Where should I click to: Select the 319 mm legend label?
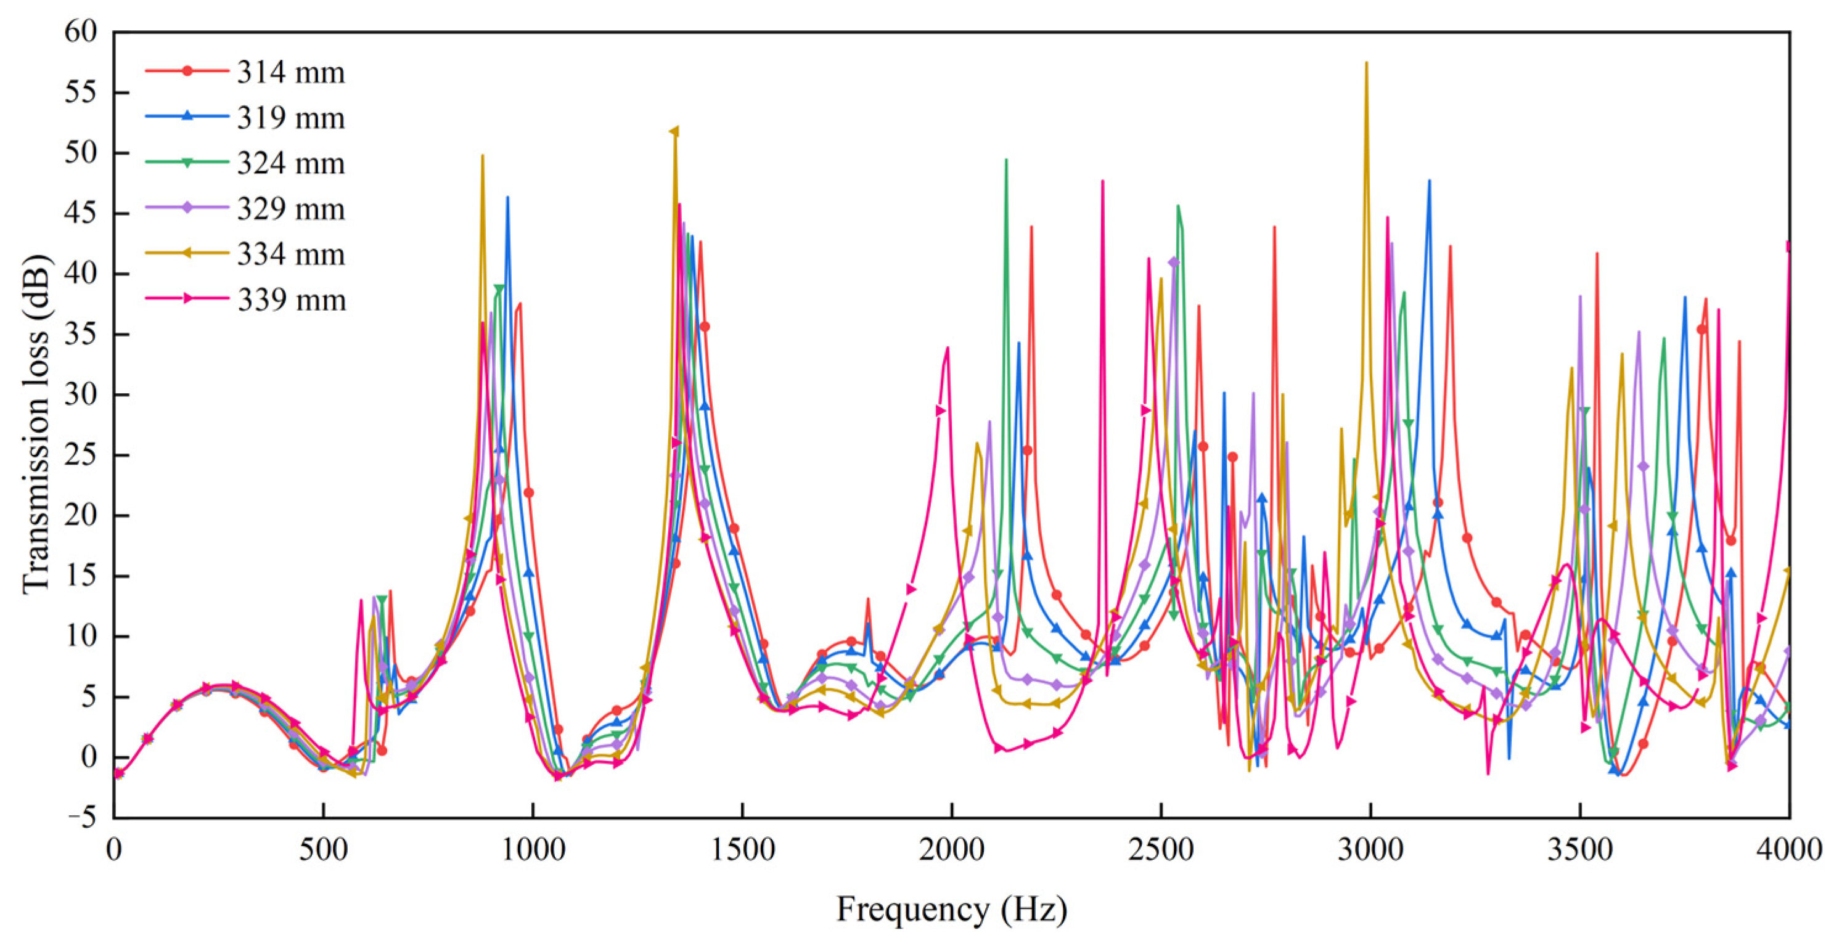click(290, 118)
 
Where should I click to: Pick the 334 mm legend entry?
click(290, 255)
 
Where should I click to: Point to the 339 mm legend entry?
click(290, 300)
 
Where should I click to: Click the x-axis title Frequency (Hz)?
click(951, 910)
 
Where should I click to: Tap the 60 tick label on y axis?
click(81, 32)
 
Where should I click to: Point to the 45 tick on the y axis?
click(81, 214)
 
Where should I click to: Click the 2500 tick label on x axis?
click(1160, 850)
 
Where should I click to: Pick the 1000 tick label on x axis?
click(533, 850)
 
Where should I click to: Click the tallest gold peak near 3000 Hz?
click(1366, 63)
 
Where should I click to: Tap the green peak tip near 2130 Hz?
click(1006, 160)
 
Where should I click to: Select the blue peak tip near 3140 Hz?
click(1429, 181)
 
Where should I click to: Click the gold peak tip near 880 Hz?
click(483, 155)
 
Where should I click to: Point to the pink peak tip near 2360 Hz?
click(1103, 181)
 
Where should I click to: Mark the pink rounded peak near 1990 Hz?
click(948, 348)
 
